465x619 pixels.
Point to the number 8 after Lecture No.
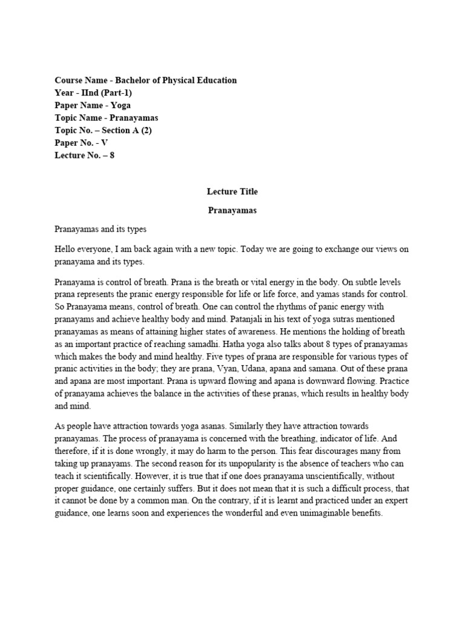(x=112, y=155)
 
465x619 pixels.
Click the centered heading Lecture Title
(x=232, y=192)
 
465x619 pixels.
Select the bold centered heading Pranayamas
(x=232, y=211)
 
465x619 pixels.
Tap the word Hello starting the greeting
(x=67, y=250)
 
